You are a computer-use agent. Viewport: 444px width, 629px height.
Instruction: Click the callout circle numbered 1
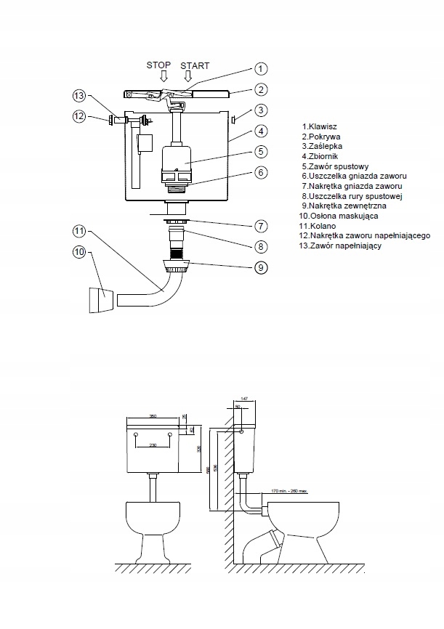261,69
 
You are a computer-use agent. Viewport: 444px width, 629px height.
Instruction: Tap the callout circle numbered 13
79,96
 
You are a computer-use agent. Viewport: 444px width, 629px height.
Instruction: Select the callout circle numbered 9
261,267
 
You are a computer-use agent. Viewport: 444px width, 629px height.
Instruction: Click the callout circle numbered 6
261,173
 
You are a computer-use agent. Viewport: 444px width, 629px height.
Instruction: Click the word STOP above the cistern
158,65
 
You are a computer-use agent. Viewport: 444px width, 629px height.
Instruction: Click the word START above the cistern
194,65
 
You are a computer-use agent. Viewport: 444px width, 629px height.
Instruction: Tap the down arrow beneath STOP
164,76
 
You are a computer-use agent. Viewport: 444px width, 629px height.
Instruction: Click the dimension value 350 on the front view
153,416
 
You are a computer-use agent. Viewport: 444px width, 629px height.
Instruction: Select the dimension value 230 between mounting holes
153,445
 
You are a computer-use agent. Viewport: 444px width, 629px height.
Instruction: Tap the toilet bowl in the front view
153,519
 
